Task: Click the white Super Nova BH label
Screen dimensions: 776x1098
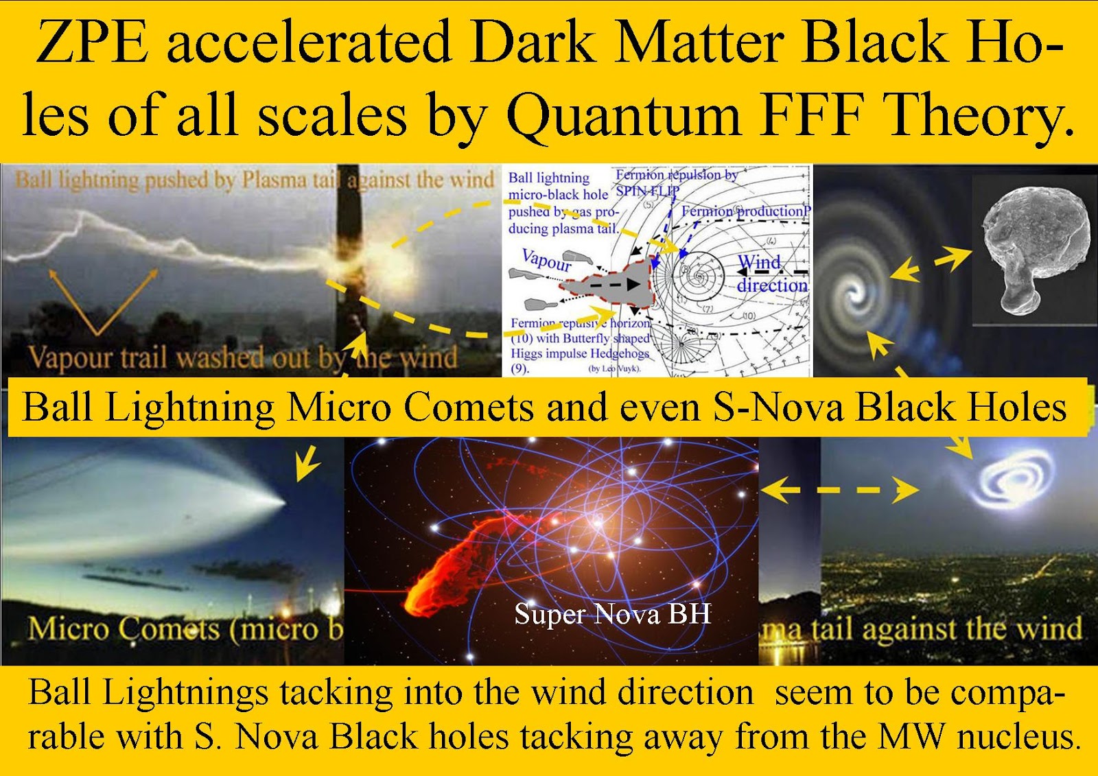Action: pyautogui.click(x=612, y=613)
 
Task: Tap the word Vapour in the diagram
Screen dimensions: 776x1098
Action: pyautogui.click(x=546, y=260)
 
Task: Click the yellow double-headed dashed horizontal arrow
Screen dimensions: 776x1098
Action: pyautogui.click(x=839, y=490)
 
